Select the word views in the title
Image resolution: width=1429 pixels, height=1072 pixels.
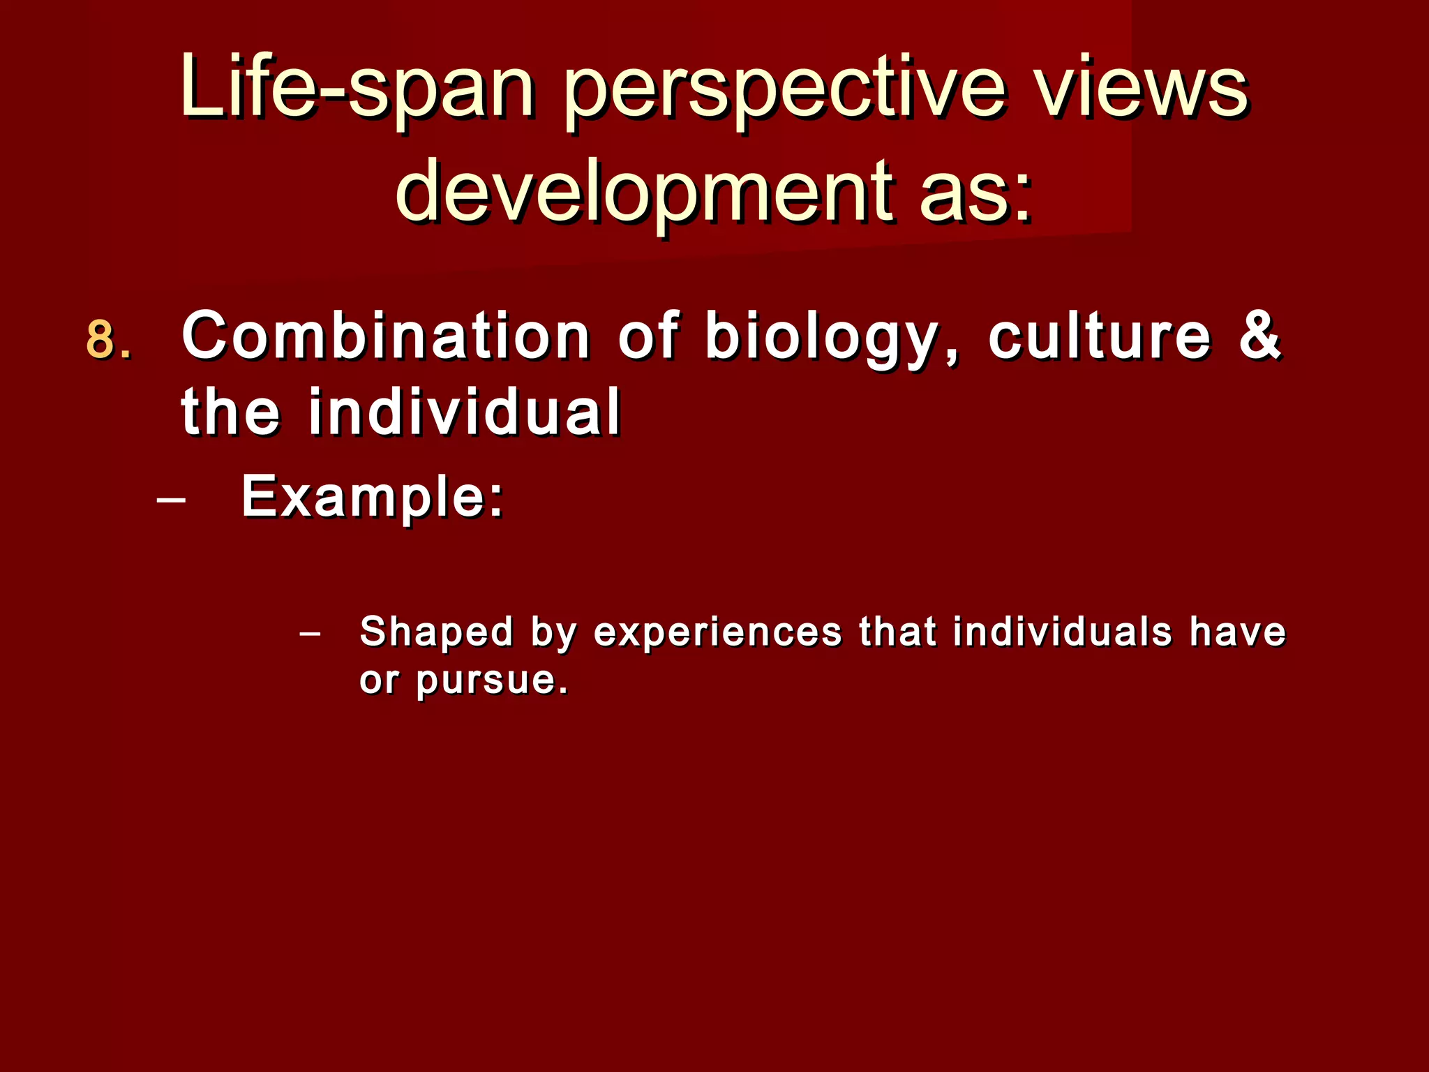[x=1142, y=89]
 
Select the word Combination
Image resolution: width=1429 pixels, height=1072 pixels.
[x=386, y=336]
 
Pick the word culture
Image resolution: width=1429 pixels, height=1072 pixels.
[x=1100, y=336]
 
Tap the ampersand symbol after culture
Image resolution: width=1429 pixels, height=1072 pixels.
[x=1260, y=336]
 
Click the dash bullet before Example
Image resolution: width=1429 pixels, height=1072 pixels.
[x=172, y=500]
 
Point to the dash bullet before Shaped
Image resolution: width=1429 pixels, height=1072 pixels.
[x=309, y=634]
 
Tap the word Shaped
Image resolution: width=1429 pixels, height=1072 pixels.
[x=436, y=632]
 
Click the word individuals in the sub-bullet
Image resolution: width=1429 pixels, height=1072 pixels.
[x=1062, y=632]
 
